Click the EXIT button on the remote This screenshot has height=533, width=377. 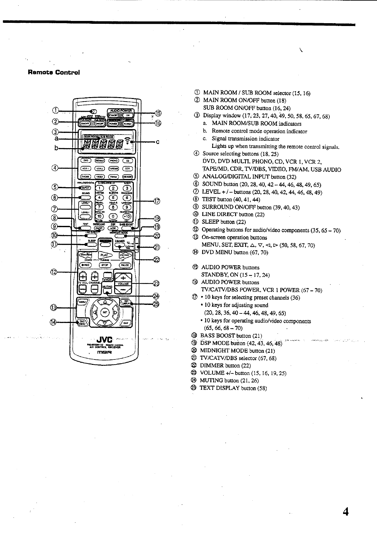tap(126, 323)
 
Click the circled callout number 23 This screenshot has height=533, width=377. tap(156, 283)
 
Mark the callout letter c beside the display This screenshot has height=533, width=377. tap(157, 142)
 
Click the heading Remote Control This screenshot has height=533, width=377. tap(54, 72)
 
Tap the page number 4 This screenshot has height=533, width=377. tap(345, 512)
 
